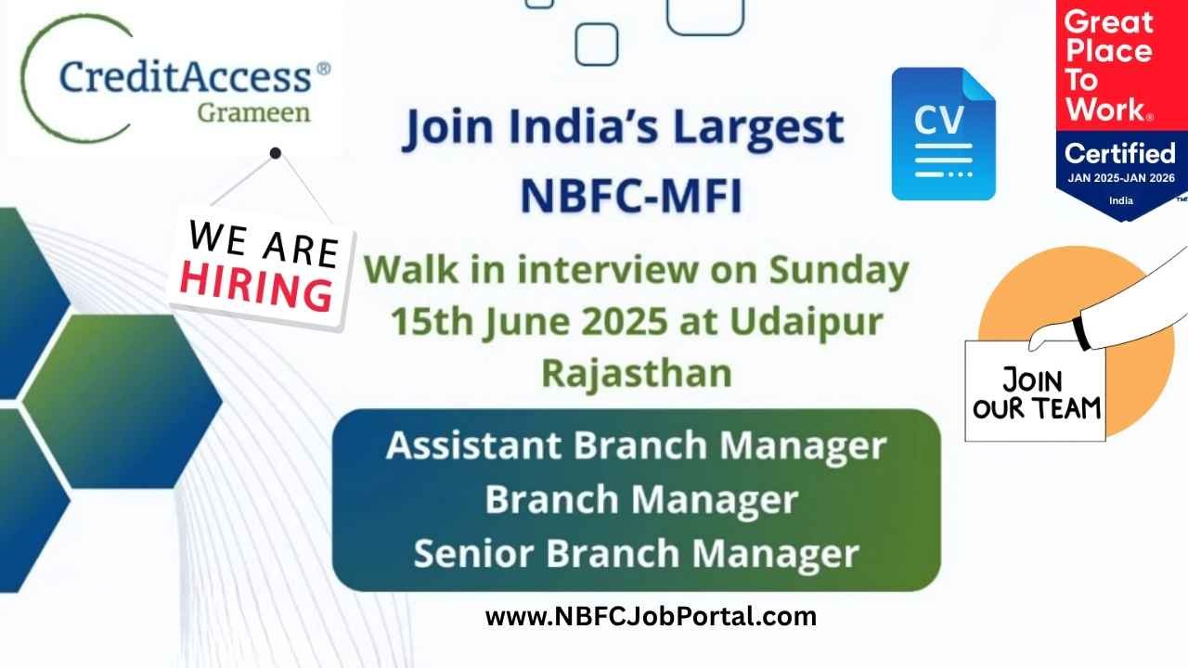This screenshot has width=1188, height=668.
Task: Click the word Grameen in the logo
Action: pyautogui.click(x=253, y=113)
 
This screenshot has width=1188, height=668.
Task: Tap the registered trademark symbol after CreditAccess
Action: pyautogui.click(x=323, y=69)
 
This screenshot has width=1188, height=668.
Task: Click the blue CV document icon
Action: pyautogui.click(x=944, y=134)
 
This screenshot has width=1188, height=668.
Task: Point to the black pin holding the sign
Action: pyautogui.click(x=276, y=153)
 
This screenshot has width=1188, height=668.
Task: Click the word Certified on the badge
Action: pyautogui.click(x=1120, y=154)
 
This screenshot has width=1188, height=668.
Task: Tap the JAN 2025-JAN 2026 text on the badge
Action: pyautogui.click(x=1121, y=178)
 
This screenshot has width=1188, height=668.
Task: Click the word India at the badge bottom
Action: pyautogui.click(x=1121, y=200)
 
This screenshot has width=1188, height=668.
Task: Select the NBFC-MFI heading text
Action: pyautogui.click(x=631, y=196)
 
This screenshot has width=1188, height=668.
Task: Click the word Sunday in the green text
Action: pyautogui.click(x=839, y=270)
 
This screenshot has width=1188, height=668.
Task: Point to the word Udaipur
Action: pyautogui.click(x=807, y=322)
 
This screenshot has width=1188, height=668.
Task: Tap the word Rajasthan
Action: pyautogui.click(x=637, y=373)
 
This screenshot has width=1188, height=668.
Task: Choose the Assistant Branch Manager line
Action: pyautogui.click(x=637, y=446)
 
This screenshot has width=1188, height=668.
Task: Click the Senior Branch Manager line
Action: pyautogui.click(x=637, y=554)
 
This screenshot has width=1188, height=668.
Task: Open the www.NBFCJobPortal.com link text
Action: pyautogui.click(x=651, y=617)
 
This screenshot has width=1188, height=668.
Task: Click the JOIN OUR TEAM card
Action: pyautogui.click(x=1035, y=392)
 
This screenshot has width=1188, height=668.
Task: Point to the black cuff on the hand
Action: pyautogui.click(x=1082, y=333)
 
